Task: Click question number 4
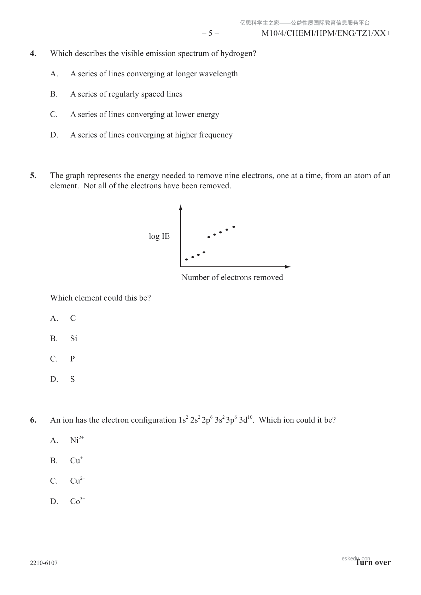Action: [33, 54]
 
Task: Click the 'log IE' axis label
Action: [159, 236]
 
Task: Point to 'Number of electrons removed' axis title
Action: [232, 277]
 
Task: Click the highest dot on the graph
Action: [233, 226]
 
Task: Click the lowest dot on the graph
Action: [186, 259]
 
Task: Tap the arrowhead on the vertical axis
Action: [181, 207]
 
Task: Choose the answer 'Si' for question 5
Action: [74, 339]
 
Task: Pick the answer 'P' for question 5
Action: [72, 359]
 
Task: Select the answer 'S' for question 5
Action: [72, 379]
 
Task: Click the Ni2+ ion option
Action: [77, 440]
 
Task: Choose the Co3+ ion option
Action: [77, 501]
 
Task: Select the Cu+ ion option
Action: [76, 461]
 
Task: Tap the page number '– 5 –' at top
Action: [210, 34]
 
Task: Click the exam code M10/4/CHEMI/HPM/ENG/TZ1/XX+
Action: [326, 34]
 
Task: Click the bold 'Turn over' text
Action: [373, 562]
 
